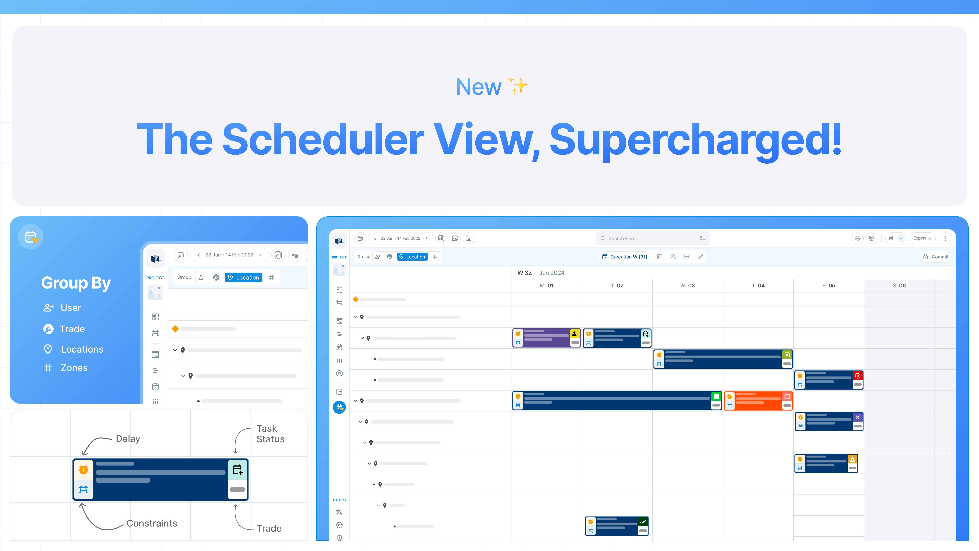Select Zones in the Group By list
(74, 368)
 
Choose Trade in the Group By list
(72, 329)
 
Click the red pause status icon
(858, 376)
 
